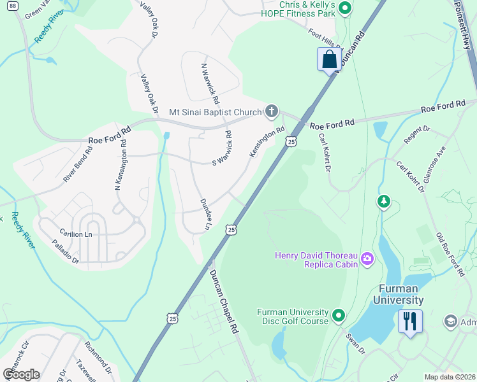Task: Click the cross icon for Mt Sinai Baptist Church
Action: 272,112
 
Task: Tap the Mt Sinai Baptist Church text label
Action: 216,113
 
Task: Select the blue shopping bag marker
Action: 329,60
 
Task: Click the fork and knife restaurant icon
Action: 409,320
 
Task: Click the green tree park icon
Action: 383,202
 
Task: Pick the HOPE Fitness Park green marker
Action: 345,8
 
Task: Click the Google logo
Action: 22,374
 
